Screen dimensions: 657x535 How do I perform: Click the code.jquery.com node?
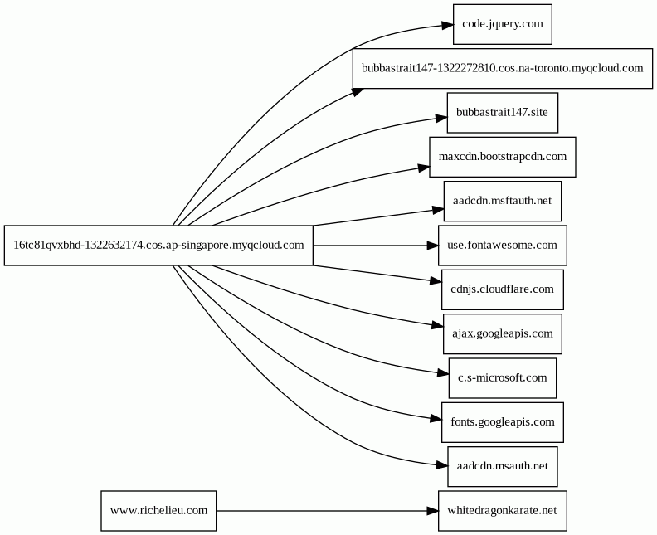coord(503,24)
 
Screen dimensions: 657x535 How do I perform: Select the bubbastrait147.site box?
coord(503,113)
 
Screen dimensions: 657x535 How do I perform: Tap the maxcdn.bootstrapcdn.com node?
coord(503,157)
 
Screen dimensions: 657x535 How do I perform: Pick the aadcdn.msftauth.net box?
coord(503,201)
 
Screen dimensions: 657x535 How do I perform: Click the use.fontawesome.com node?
coord(503,246)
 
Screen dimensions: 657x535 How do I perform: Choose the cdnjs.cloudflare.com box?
coord(503,289)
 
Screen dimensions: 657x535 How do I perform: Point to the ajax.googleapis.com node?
coord(503,334)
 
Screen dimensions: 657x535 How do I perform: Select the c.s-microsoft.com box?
coord(503,378)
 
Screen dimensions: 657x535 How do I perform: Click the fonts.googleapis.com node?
coord(503,422)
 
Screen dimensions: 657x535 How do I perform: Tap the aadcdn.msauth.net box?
coord(503,467)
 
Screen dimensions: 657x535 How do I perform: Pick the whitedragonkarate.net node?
coord(503,511)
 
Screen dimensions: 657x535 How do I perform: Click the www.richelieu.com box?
coord(158,511)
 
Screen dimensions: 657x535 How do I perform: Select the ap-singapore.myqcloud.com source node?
coord(158,246)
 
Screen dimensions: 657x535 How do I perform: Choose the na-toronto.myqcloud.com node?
coord(503,68)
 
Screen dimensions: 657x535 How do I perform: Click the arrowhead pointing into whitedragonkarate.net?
coord(433,511)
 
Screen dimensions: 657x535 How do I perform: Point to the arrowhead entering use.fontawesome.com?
coord(433,246)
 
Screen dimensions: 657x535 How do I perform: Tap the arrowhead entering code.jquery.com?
coord(447,26)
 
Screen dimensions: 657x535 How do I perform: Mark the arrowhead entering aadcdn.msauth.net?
coord(442,465)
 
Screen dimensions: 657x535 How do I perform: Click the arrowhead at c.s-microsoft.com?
coord(443,373)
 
